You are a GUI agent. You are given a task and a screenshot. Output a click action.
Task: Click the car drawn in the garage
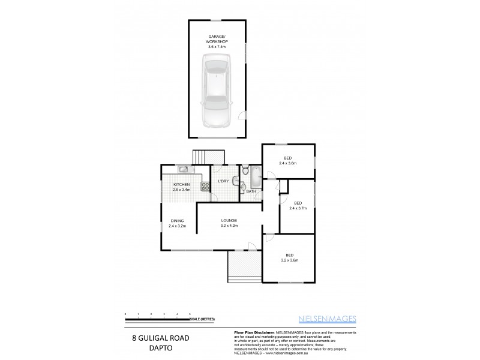tap(217, 90)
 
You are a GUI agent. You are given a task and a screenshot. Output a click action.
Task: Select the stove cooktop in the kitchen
tap(205, 187)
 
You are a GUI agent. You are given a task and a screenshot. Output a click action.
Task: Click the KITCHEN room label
tap(182, 184)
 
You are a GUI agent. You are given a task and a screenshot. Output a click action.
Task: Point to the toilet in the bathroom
tap(245, 173)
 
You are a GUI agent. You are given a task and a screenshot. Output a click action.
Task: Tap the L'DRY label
tap(223, 181)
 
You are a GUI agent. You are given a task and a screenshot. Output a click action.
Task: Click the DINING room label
tap(176, 220)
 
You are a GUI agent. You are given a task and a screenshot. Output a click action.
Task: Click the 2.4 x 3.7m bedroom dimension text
tap(298, 208)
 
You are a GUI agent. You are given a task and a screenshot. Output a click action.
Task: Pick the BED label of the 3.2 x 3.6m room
tap(290, 254)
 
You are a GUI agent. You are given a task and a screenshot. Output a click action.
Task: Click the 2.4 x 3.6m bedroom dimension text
tap(288, 163)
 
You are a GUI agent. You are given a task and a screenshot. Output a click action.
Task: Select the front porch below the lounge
tap(243, 265)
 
